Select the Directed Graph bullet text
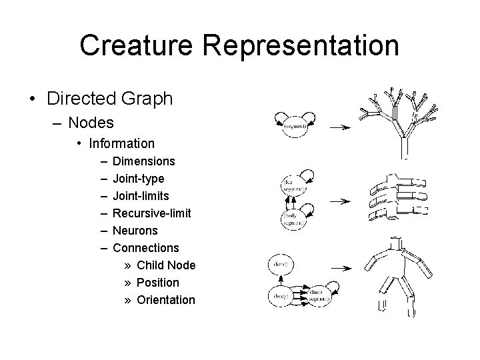click(x=110, y=99)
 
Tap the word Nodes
click(x=91, y=123)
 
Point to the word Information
click(x=122, y=143)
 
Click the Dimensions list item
click(x=144, y=161)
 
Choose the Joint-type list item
click(x=139, y=179)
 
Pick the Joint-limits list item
click(x=141, y=196)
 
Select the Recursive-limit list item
click(x=152, y=213)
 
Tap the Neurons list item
click(x=135, y=231)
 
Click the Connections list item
click(x=146, y=248)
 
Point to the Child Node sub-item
click(x=166, y=265)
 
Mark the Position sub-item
click(x=158, y=283)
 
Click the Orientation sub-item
click(x=166, y=300)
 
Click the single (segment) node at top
click(x=294, y=125)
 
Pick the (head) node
click(x=280, y=264)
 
